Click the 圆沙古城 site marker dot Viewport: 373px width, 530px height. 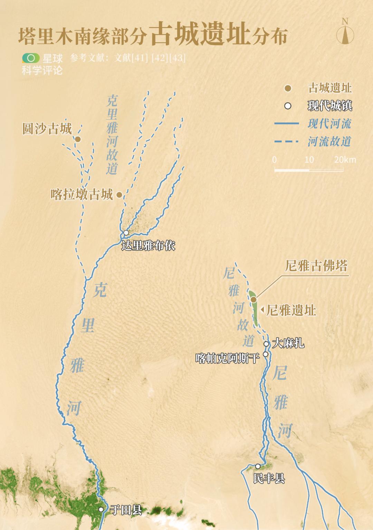(x=78, y=139)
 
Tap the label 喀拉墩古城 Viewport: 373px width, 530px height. (x=82, y=195)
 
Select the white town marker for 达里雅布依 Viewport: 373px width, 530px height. (x=126, y=233)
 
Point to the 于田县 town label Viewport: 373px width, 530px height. (x=126, y=510)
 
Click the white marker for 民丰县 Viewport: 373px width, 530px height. (x=258, y=466)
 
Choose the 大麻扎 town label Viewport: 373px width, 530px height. (x=288, y=343)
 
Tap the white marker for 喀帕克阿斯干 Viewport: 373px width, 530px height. (x=266, y=354)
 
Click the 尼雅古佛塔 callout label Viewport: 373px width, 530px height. (x=316, y=266)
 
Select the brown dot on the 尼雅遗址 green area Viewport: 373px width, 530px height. (x=254, y=299)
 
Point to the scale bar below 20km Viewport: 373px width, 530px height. (x=309, y=170)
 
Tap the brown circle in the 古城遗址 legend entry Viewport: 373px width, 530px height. (x=288, y=89)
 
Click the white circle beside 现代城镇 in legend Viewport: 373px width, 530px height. (x=288, y=106)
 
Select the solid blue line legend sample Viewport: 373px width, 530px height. (x=286, y=123)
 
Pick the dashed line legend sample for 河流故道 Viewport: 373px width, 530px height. (x=286, y=141)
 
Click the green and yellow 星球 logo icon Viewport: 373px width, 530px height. (x=31, y=58)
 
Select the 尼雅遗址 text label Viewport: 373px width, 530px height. (x=291, y=310)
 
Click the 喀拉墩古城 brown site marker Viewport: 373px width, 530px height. (x=119, y=195)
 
